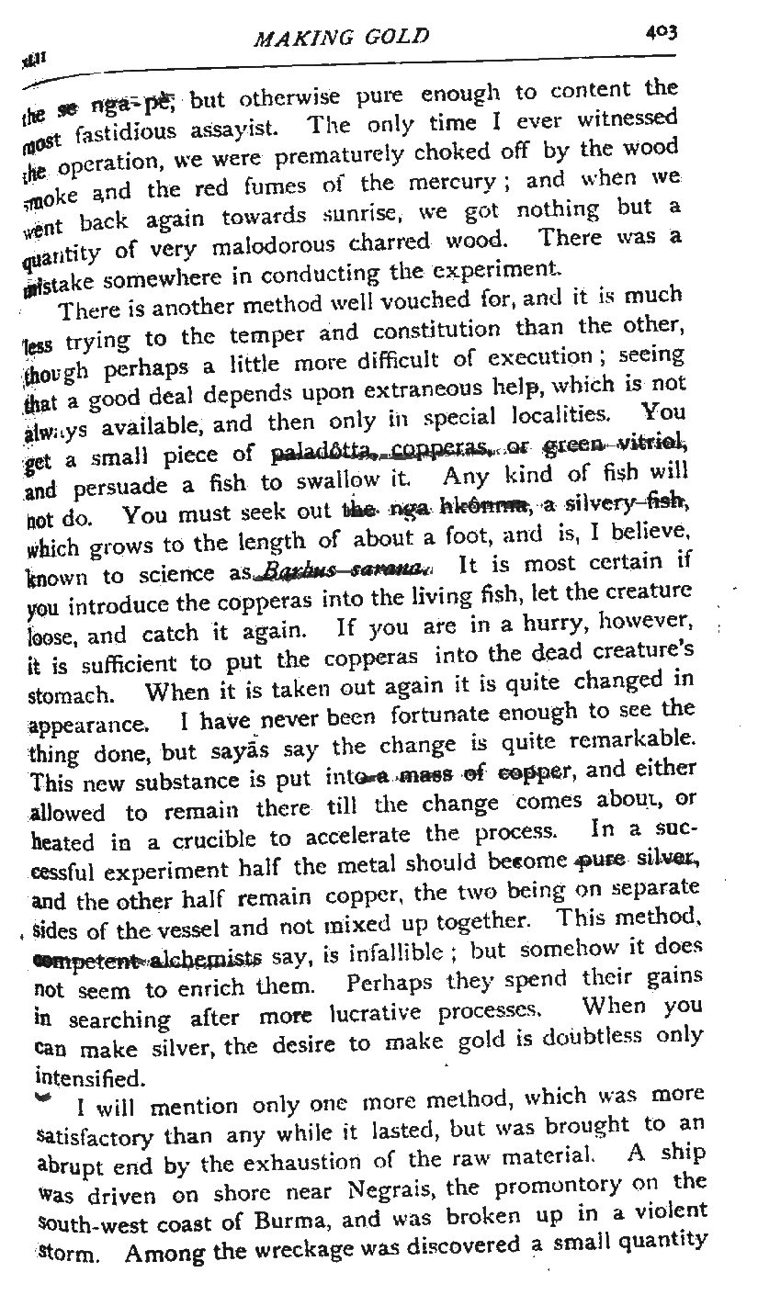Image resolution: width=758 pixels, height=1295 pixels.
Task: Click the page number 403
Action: tap(660, 32)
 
